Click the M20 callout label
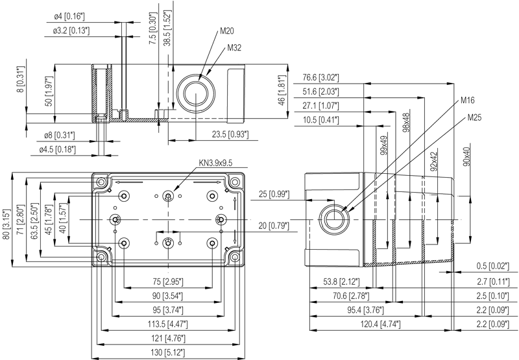pyautogui.click(x=226, y=31)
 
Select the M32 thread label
pyautogui.click(x=234, y=48)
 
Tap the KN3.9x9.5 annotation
pyautogui.click(x=215, y=163)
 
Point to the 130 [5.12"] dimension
pyautogui.click(x=169, y=352)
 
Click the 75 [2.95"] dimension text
pyautogui.click(x=168, y=282)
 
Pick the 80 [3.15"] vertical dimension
pyautogui.click(x=6, y=219)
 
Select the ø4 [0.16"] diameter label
pyautogui.click(x=69, y=16)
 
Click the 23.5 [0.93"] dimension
pyautogui.click(x=230, y=134)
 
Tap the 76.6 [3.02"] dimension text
pyautogui.click(x=320, y=77)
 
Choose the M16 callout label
pyautogui.click(x=467, y=101)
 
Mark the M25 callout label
pyautogui.click(x=474, y=117)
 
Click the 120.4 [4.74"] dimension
pyautogui.click(x=380, y=324)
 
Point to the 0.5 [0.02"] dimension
pyautogui.click(x=493, y=266)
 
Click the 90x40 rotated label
pyautogui.click(x=466, y=156)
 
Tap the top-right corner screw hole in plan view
pyautogui.click(x=235, y=182)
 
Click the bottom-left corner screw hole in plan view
pyautogui.click(x=101, y=257)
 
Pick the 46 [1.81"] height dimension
pyautogui.click(x=282, y=90)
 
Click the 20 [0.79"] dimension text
pyautogui.click(x=274, y=226)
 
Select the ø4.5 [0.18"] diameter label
pyautogui.click(x=58, y=150)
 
